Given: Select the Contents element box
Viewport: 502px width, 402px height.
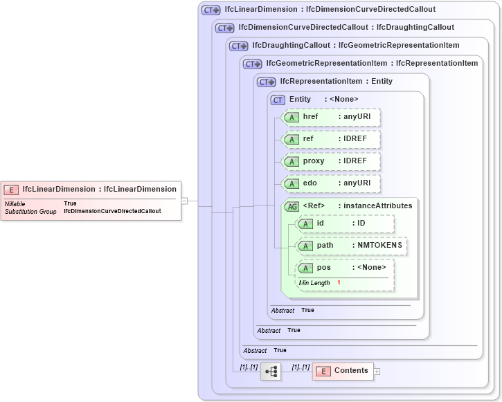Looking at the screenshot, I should (343, 371).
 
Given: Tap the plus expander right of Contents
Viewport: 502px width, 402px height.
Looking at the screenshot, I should (377, 372).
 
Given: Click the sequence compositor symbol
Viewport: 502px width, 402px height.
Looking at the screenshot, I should (271, 372).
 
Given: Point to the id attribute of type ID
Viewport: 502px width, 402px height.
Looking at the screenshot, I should (344, 223).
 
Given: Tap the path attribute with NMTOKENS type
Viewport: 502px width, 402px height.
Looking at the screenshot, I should (351, 246).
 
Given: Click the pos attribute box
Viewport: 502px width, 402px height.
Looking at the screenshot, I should (344, 268).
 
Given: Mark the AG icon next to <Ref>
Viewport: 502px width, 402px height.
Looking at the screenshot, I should (292, 206).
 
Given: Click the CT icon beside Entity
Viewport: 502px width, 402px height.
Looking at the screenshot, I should (278, 100).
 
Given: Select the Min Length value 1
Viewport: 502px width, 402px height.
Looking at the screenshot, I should (339, 283).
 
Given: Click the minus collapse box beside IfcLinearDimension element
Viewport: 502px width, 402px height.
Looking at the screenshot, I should (184, 201).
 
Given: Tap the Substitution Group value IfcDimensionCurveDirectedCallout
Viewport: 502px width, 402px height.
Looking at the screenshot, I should (112, 211).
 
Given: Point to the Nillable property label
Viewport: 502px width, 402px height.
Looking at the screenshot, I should (15, 203).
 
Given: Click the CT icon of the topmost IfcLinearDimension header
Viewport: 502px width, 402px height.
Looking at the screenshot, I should (210, 10).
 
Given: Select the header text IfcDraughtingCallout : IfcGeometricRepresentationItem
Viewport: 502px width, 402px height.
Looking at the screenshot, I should (356, 46).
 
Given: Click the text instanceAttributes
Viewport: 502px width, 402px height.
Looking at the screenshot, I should (378, 205).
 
